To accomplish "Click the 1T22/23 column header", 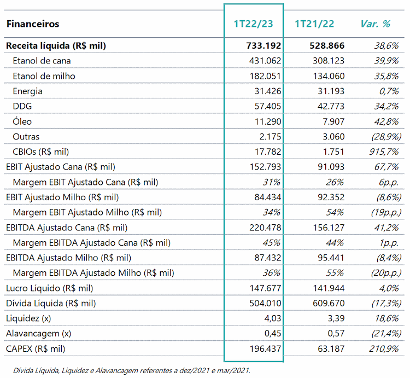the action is tap(253, 24).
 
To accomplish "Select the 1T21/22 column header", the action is tap(314, 24).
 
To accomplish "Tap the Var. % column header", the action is tap(375, 24).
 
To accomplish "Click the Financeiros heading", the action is tap(33, 24).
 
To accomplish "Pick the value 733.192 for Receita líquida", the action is tap(263, 46).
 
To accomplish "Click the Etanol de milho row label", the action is tap(44, 76).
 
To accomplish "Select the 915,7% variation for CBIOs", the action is tap(384, 152).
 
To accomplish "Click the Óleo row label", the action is tap(22, 121).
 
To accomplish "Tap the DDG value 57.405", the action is tap(268, 107).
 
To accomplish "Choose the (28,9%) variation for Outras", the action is tap(386, 137).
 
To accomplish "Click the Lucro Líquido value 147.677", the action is tap(265, 288).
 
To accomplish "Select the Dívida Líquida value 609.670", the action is tap(329, 304).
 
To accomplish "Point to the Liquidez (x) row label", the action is tap(28, 318).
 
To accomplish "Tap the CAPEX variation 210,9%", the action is tap(384, 348).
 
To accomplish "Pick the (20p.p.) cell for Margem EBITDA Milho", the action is tap(386, 273).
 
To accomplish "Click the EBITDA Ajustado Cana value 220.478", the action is tap(265, 228).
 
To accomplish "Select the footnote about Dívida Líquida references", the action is tap(132, 371).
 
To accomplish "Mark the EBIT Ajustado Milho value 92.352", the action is tap(331, 197).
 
